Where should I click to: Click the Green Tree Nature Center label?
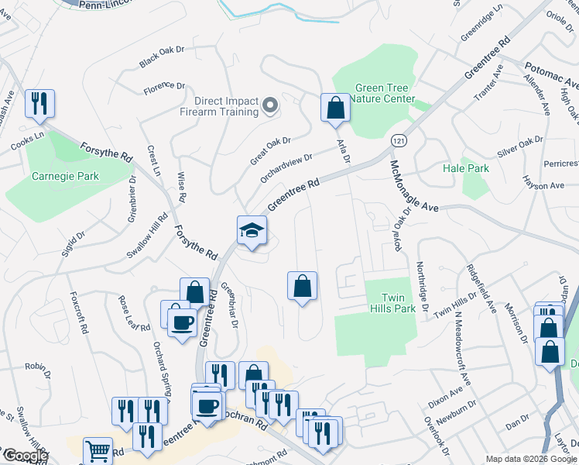[x=383, y=93]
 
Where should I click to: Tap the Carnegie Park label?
[x=65, y=176]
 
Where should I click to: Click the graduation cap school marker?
[x=252, y=230]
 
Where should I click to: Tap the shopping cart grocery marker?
[x=98, y=451]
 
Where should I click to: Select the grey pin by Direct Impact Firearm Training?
[x=269, y=105]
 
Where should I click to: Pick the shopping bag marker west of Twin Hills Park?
[x=302, y=287]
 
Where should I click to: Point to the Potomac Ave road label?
[x=551, y=74]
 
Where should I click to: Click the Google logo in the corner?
[x=26, y=456]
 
